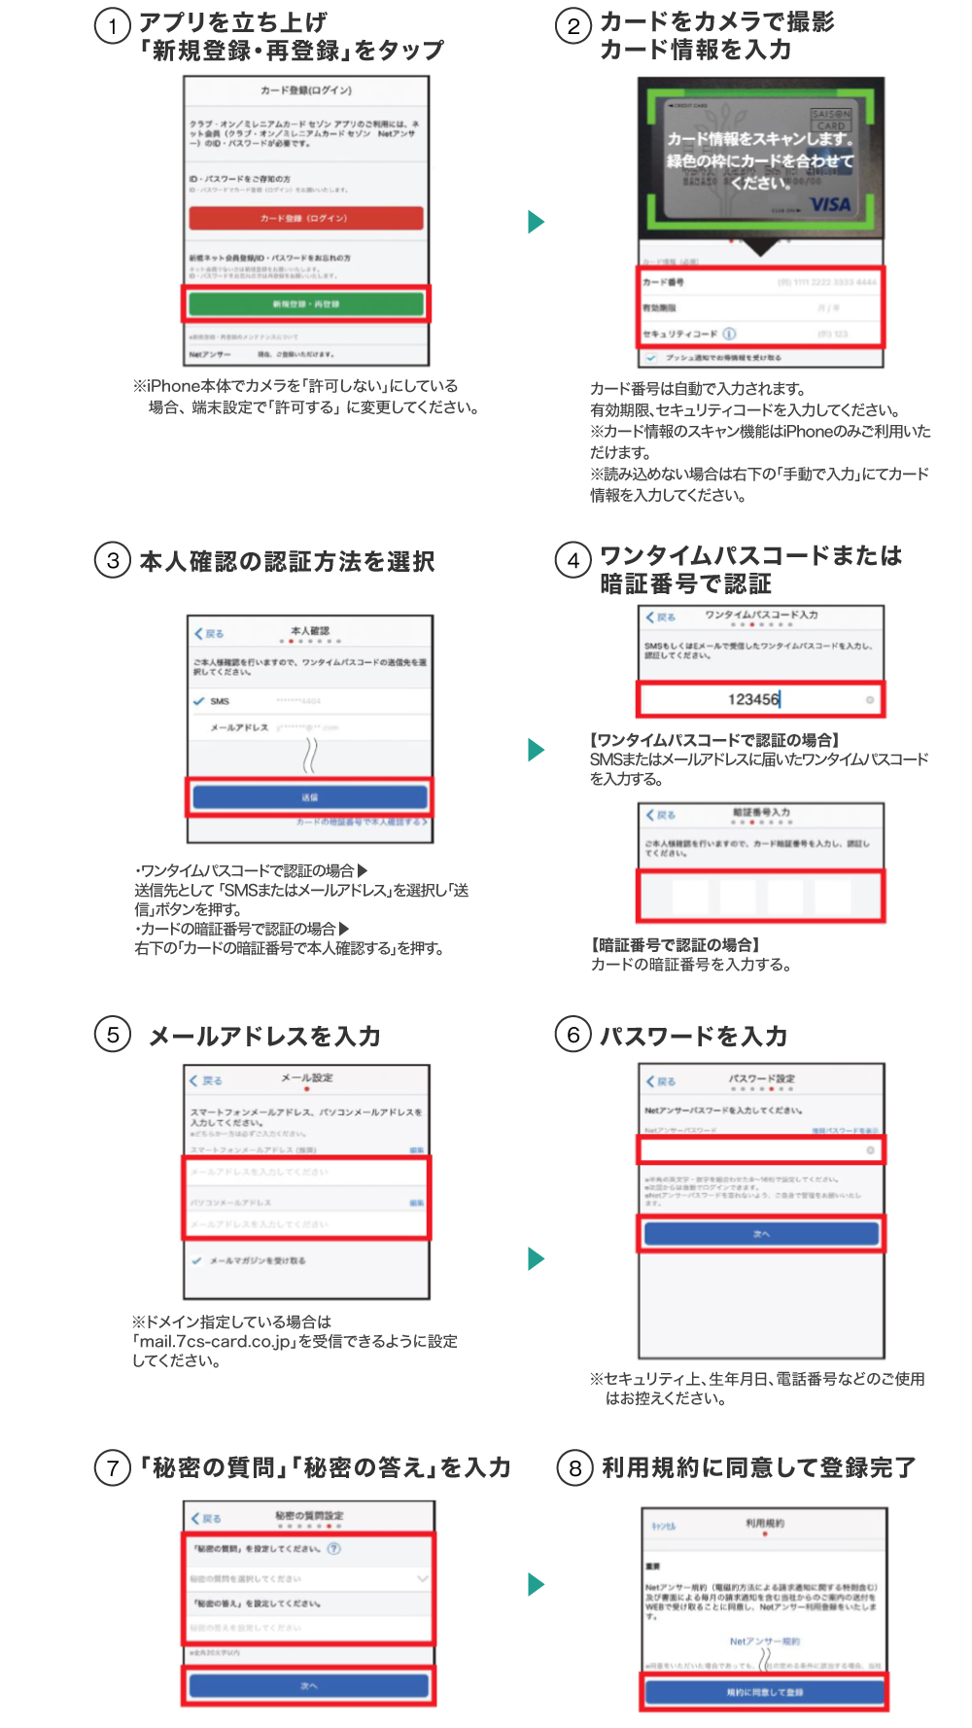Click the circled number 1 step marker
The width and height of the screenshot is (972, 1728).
(x=113, y=26)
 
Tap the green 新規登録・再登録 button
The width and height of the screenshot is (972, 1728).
(x=306, y=304)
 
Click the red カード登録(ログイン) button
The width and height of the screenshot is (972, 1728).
(x=306, y=218)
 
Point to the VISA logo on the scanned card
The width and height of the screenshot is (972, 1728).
(x=830, y=205)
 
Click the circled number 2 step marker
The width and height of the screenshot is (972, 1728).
(x=573, y=26)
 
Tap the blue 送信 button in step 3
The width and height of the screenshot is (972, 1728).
(x=310, y=797)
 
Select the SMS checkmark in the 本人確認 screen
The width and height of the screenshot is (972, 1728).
(x=199, y=701)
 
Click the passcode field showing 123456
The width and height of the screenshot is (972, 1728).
(x=760, y=699)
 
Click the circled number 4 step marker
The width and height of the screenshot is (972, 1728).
(x=573, y=560)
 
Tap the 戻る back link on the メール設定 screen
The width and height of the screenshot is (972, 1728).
(x=207, y=1080)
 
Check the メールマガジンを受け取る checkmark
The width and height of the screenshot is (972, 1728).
(x=197, y=1260)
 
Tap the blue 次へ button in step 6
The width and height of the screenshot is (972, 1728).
(x=761, y=1234)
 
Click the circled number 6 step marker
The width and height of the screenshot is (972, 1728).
(x=573, y=1035)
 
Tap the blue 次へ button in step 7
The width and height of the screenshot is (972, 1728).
(x=309, y=1685)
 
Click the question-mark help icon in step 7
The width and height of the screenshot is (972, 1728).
(x=334, y=1548)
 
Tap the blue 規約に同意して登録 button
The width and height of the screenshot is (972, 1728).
(x=765, y=1692)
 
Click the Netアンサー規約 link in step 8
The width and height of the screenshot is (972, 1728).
(x=765, y=1641)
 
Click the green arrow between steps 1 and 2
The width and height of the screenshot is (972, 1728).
(x=536, y=222)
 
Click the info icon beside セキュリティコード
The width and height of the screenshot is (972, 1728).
(x=729, y=334)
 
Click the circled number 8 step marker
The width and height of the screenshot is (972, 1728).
(x=574, y=1467)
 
